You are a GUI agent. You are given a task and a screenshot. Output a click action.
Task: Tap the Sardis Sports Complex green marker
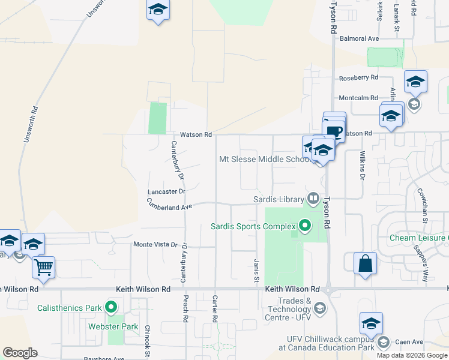(305, 226)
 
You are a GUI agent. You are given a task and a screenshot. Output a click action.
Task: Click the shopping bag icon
(365, 264)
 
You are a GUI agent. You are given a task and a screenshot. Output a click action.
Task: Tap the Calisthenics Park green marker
(111, 308)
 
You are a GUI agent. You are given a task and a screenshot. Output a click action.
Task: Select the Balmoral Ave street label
(359, 38)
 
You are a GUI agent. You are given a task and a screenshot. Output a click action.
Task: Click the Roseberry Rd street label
(358, 78)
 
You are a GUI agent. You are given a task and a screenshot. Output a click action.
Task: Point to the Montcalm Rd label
(358, 98)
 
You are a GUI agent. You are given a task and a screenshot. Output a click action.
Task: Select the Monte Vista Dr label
(155, 245)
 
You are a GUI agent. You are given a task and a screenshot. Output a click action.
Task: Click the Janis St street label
(256, 268)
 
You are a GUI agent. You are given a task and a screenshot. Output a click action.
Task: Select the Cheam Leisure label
(418, 238)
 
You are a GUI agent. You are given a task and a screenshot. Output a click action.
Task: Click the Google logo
(20, 353)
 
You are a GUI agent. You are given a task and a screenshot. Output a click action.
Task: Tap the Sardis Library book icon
(313, 199)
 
